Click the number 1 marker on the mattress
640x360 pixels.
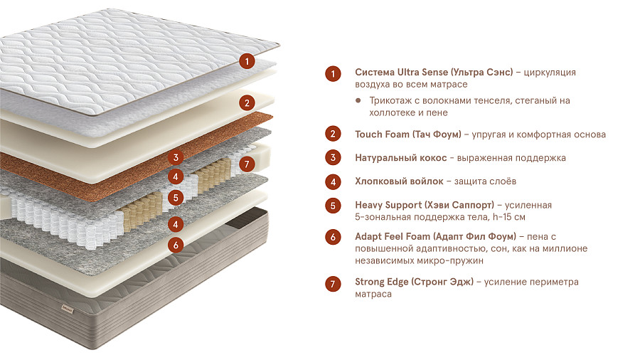click(247, 62)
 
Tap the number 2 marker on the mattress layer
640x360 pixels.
click(247, 103)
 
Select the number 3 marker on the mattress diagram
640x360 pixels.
click(176, 157)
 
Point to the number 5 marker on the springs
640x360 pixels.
click(176, 198)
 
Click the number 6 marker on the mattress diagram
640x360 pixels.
click(176, 245)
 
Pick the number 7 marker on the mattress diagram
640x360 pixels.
click(247, 164)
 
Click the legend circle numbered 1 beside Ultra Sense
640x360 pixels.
click(333, 74)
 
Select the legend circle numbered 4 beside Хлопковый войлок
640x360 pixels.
click(333, 182)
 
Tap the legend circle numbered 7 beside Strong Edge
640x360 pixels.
click(333, 284)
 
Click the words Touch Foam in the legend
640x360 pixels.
click(382, 134)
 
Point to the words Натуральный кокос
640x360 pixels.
click(401, 158)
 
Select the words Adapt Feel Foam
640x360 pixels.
click(393, 236)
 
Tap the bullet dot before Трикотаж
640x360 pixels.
click(358, 100)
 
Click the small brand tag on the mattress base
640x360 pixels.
click(68, 308)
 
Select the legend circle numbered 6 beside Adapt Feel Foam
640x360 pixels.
click(333, 237)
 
